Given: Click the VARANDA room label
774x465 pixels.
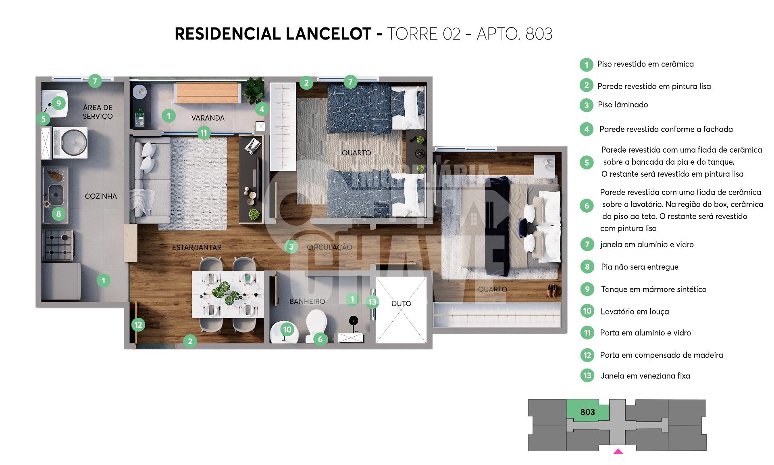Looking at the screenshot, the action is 208,118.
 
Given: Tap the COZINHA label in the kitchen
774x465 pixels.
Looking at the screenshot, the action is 101,196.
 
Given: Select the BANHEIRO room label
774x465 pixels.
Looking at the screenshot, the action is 307,301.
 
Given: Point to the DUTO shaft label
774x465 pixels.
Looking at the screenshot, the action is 401,303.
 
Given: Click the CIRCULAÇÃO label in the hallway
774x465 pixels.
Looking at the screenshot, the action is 329,247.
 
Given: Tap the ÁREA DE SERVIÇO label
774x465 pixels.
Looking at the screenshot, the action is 98,112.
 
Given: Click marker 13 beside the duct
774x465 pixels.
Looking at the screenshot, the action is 372,302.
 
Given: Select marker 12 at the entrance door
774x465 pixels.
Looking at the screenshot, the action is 138,325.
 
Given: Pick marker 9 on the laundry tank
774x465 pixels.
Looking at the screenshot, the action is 58,103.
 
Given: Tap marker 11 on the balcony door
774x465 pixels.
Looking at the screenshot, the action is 204,132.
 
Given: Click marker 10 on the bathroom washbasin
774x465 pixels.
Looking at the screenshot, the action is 287,329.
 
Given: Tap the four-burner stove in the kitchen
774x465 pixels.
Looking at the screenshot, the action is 58,245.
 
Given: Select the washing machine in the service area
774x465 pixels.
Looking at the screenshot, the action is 70,143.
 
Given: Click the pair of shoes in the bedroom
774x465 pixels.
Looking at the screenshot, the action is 551,290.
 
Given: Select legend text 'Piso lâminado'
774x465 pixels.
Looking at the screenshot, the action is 623,105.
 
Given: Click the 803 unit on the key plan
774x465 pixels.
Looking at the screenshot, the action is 588,413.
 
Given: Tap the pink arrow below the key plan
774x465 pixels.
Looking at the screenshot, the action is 618,452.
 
